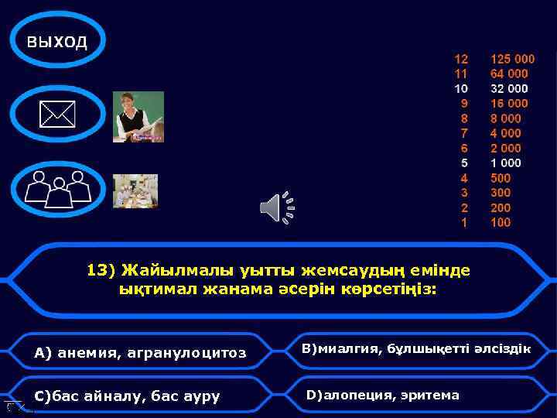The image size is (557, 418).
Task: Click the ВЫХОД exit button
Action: [57, 41]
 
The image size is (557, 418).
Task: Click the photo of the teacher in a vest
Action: [138, 117]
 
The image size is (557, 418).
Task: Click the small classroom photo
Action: [135, 190]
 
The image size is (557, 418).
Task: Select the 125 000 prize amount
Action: [512, 59]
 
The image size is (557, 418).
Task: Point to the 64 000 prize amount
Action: [509, 74]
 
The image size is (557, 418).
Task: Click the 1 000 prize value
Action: [506, 163]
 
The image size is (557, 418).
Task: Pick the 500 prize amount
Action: [501, 178]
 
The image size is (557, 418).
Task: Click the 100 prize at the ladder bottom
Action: [501, 223]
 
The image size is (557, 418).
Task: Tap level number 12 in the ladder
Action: [461, 59]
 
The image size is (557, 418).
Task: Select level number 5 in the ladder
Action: [464, 163]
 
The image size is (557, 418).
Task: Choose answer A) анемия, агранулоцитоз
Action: [140, 353]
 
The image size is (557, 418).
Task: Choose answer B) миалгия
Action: [416, 349]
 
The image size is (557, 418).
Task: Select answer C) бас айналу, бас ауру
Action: [128, 396]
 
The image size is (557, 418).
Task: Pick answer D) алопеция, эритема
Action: [383, 396]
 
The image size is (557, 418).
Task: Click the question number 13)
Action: [101, 270]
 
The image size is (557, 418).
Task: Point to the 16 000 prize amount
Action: [509, 103]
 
